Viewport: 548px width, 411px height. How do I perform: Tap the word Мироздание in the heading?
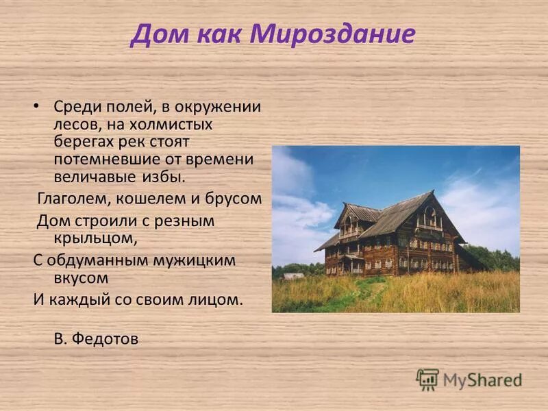coord(334,34)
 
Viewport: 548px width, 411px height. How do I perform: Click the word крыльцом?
coord(95,238)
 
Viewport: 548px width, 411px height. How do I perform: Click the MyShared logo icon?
coord(427,379)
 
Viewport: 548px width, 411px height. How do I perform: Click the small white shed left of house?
coord(293,275)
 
